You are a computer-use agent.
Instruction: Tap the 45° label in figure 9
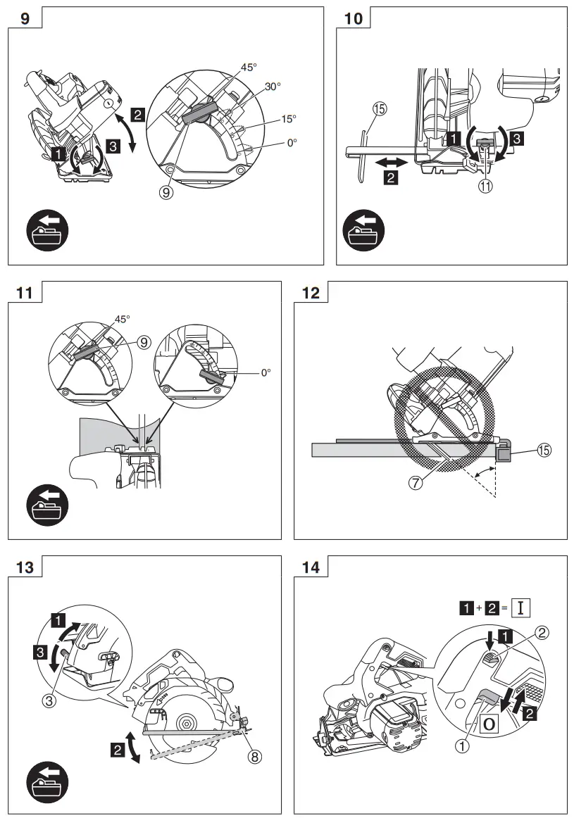(249, 67)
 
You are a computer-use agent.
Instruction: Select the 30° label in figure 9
(273, 87)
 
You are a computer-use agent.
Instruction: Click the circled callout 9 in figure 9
(167, 190)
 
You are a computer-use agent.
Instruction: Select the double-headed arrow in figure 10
(392, 162)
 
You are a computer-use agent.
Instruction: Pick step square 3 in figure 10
(516, 139)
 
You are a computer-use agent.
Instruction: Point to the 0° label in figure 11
(266, 372)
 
